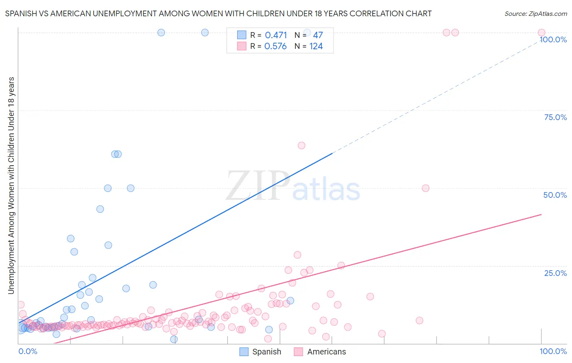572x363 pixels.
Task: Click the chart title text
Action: [218, 13]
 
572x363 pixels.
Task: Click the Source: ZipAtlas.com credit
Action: [535, 13]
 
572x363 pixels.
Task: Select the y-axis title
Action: [11, 185]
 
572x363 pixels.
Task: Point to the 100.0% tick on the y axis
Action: [553, 39]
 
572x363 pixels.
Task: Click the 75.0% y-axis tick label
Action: [555, 117]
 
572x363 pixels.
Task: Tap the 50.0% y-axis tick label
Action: [555, 195]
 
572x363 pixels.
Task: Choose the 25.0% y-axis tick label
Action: [555, 273]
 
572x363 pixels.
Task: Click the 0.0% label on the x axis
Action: [28, 351]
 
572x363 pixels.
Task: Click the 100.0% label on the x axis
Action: [553, 351]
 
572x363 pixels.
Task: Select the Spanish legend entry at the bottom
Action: [260, 352]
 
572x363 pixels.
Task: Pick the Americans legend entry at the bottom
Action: [320, 352]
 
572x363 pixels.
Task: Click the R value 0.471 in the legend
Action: [276, 35]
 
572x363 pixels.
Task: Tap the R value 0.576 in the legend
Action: [275, 46]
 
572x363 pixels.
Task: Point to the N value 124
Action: [316, 46]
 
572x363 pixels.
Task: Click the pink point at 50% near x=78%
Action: [426, 188]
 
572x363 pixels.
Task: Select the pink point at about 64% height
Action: [301, 145]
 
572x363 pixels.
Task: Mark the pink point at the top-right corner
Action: [541, 33]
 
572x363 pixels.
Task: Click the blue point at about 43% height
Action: [100, 209]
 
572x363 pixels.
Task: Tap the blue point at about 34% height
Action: [71, 238]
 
